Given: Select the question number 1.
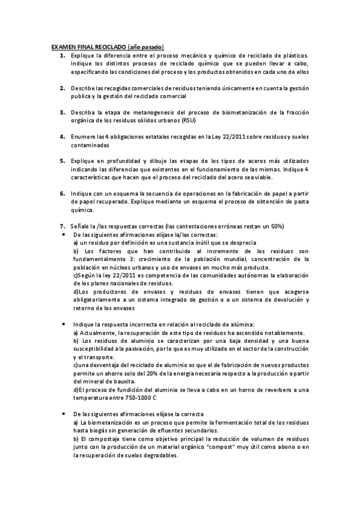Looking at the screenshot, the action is [x=63, y=55].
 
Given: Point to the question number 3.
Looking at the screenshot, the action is [x=63, y=112].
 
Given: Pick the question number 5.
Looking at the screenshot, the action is [x=63, y=161].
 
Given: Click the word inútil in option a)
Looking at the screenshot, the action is [x=178, y=242].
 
